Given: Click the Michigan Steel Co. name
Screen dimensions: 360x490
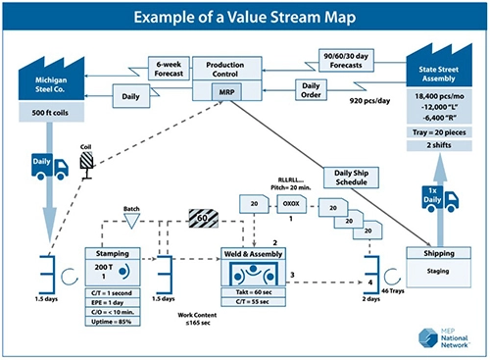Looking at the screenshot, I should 52,82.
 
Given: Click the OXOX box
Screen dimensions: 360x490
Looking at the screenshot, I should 290,205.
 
